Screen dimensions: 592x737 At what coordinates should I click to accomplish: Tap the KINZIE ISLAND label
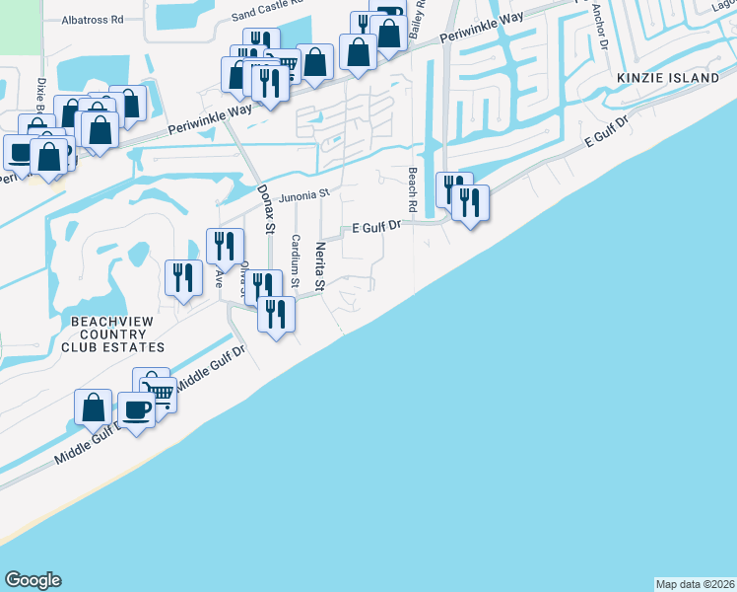[x=669, y=78]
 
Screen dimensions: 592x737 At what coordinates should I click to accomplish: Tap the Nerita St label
[x=319, y=266]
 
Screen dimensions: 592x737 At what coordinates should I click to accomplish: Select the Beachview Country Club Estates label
[x=112, y=334]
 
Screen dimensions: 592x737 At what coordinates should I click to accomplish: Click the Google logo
[x=33, y=580]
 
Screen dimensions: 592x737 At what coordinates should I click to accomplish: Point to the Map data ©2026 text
[x=695, y=583]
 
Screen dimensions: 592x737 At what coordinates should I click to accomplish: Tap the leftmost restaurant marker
[x=182, y=277]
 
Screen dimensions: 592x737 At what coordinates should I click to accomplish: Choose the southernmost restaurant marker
[x=275, y=315]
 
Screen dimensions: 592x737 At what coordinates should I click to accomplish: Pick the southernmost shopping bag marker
[x=93, y=407]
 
